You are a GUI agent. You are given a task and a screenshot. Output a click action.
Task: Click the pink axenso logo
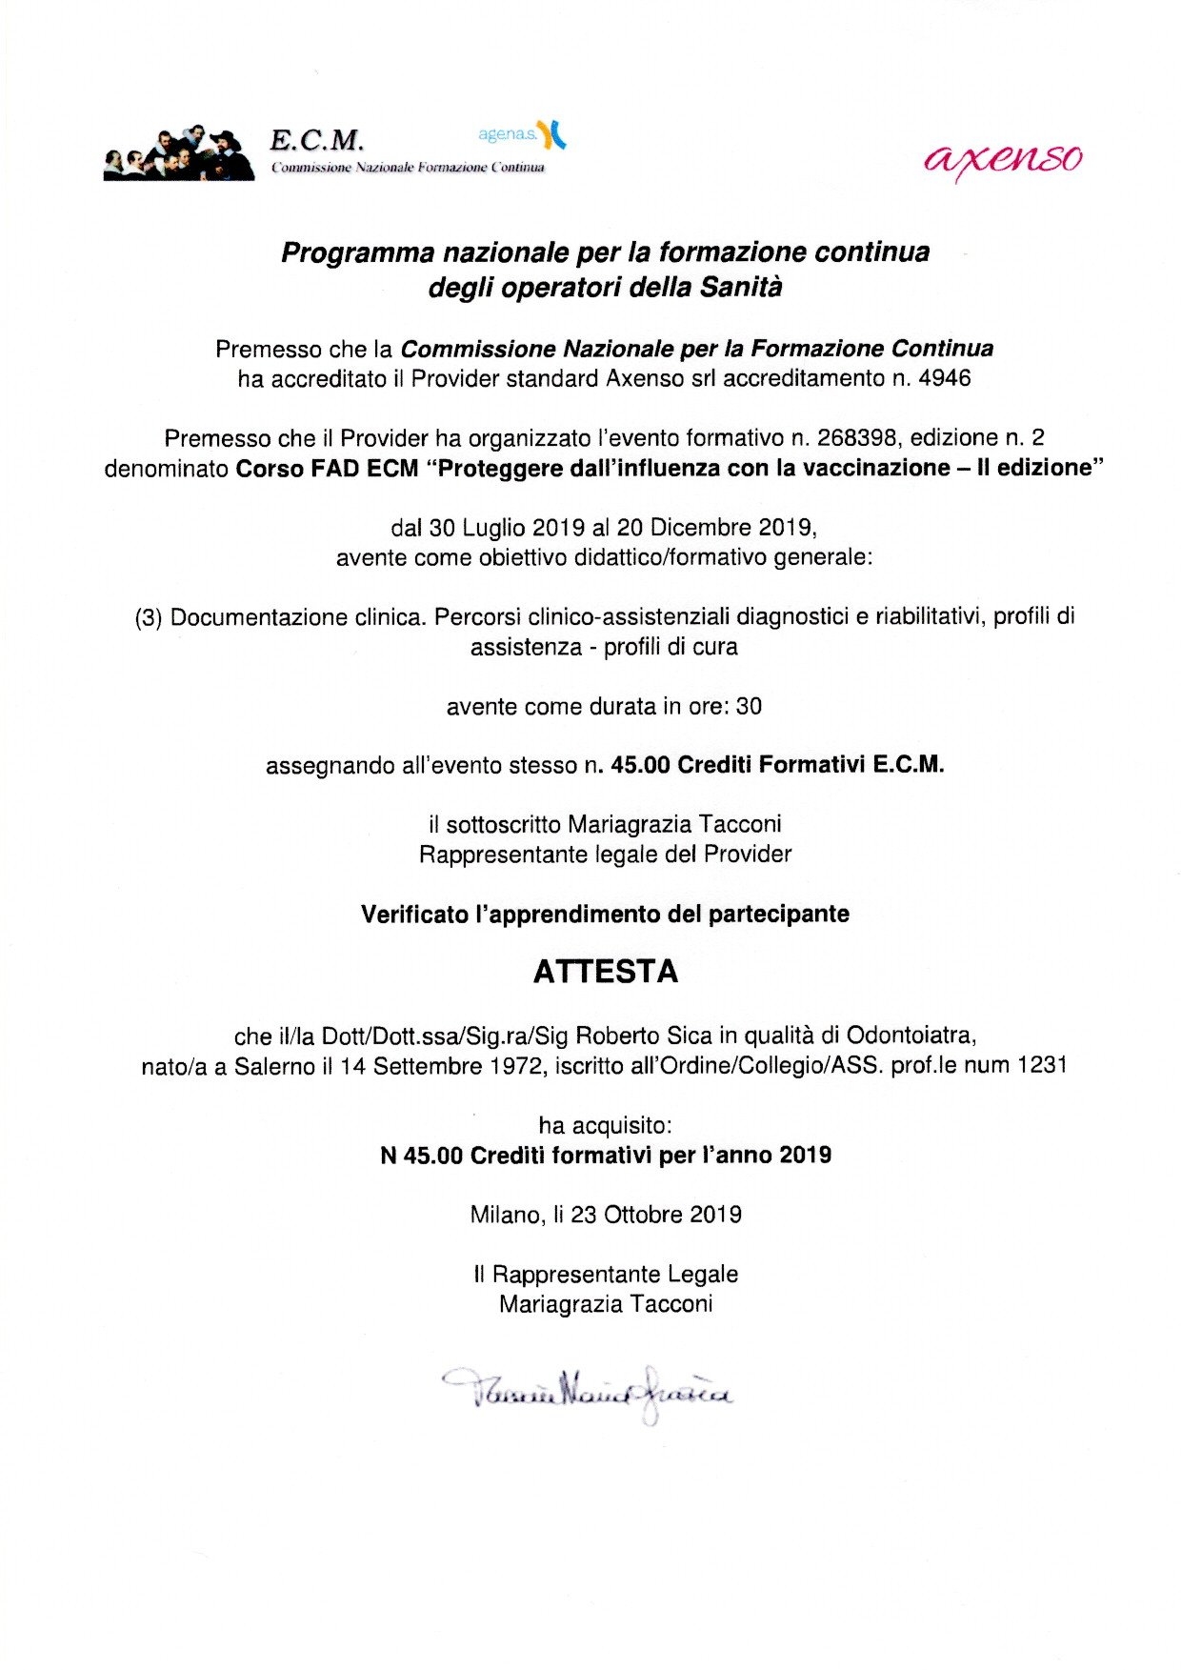[1003, 159]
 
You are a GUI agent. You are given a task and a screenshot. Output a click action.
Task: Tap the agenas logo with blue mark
[522, 134]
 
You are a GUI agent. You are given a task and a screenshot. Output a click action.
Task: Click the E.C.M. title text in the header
[316, 141]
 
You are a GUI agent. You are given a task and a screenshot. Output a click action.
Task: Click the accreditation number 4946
[945, 378]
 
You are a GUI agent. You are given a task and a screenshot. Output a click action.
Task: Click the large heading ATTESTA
[606, 972]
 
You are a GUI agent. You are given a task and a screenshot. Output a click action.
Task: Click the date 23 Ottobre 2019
[656, 1215]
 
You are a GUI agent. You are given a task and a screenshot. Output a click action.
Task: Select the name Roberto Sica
[631, 1036]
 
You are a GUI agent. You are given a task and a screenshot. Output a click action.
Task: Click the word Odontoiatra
[910, 1036]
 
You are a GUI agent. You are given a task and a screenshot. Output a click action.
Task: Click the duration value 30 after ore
[750, 707]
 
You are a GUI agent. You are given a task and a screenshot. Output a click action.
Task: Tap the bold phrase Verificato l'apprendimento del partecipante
[605, 914]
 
